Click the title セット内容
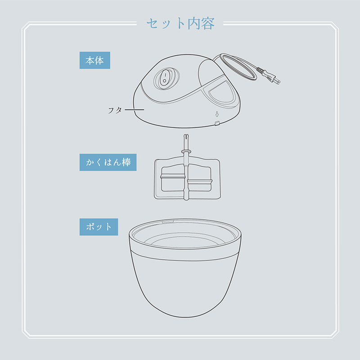point(180,23)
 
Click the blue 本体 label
point(95,60)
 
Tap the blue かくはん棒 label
point(108,162)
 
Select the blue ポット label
point(99,227)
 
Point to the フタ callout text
point(115,110)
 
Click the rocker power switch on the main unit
point(165,78)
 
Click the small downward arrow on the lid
point(217,114)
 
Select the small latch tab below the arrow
point(217,123)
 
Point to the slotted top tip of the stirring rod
point(186,136)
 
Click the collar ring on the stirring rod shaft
point(186,151)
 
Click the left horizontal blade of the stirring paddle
point(173,176)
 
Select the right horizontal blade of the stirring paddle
point(200,182)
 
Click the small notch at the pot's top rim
point(168,222)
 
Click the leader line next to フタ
point(134,110)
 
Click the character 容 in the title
point(208,23)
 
